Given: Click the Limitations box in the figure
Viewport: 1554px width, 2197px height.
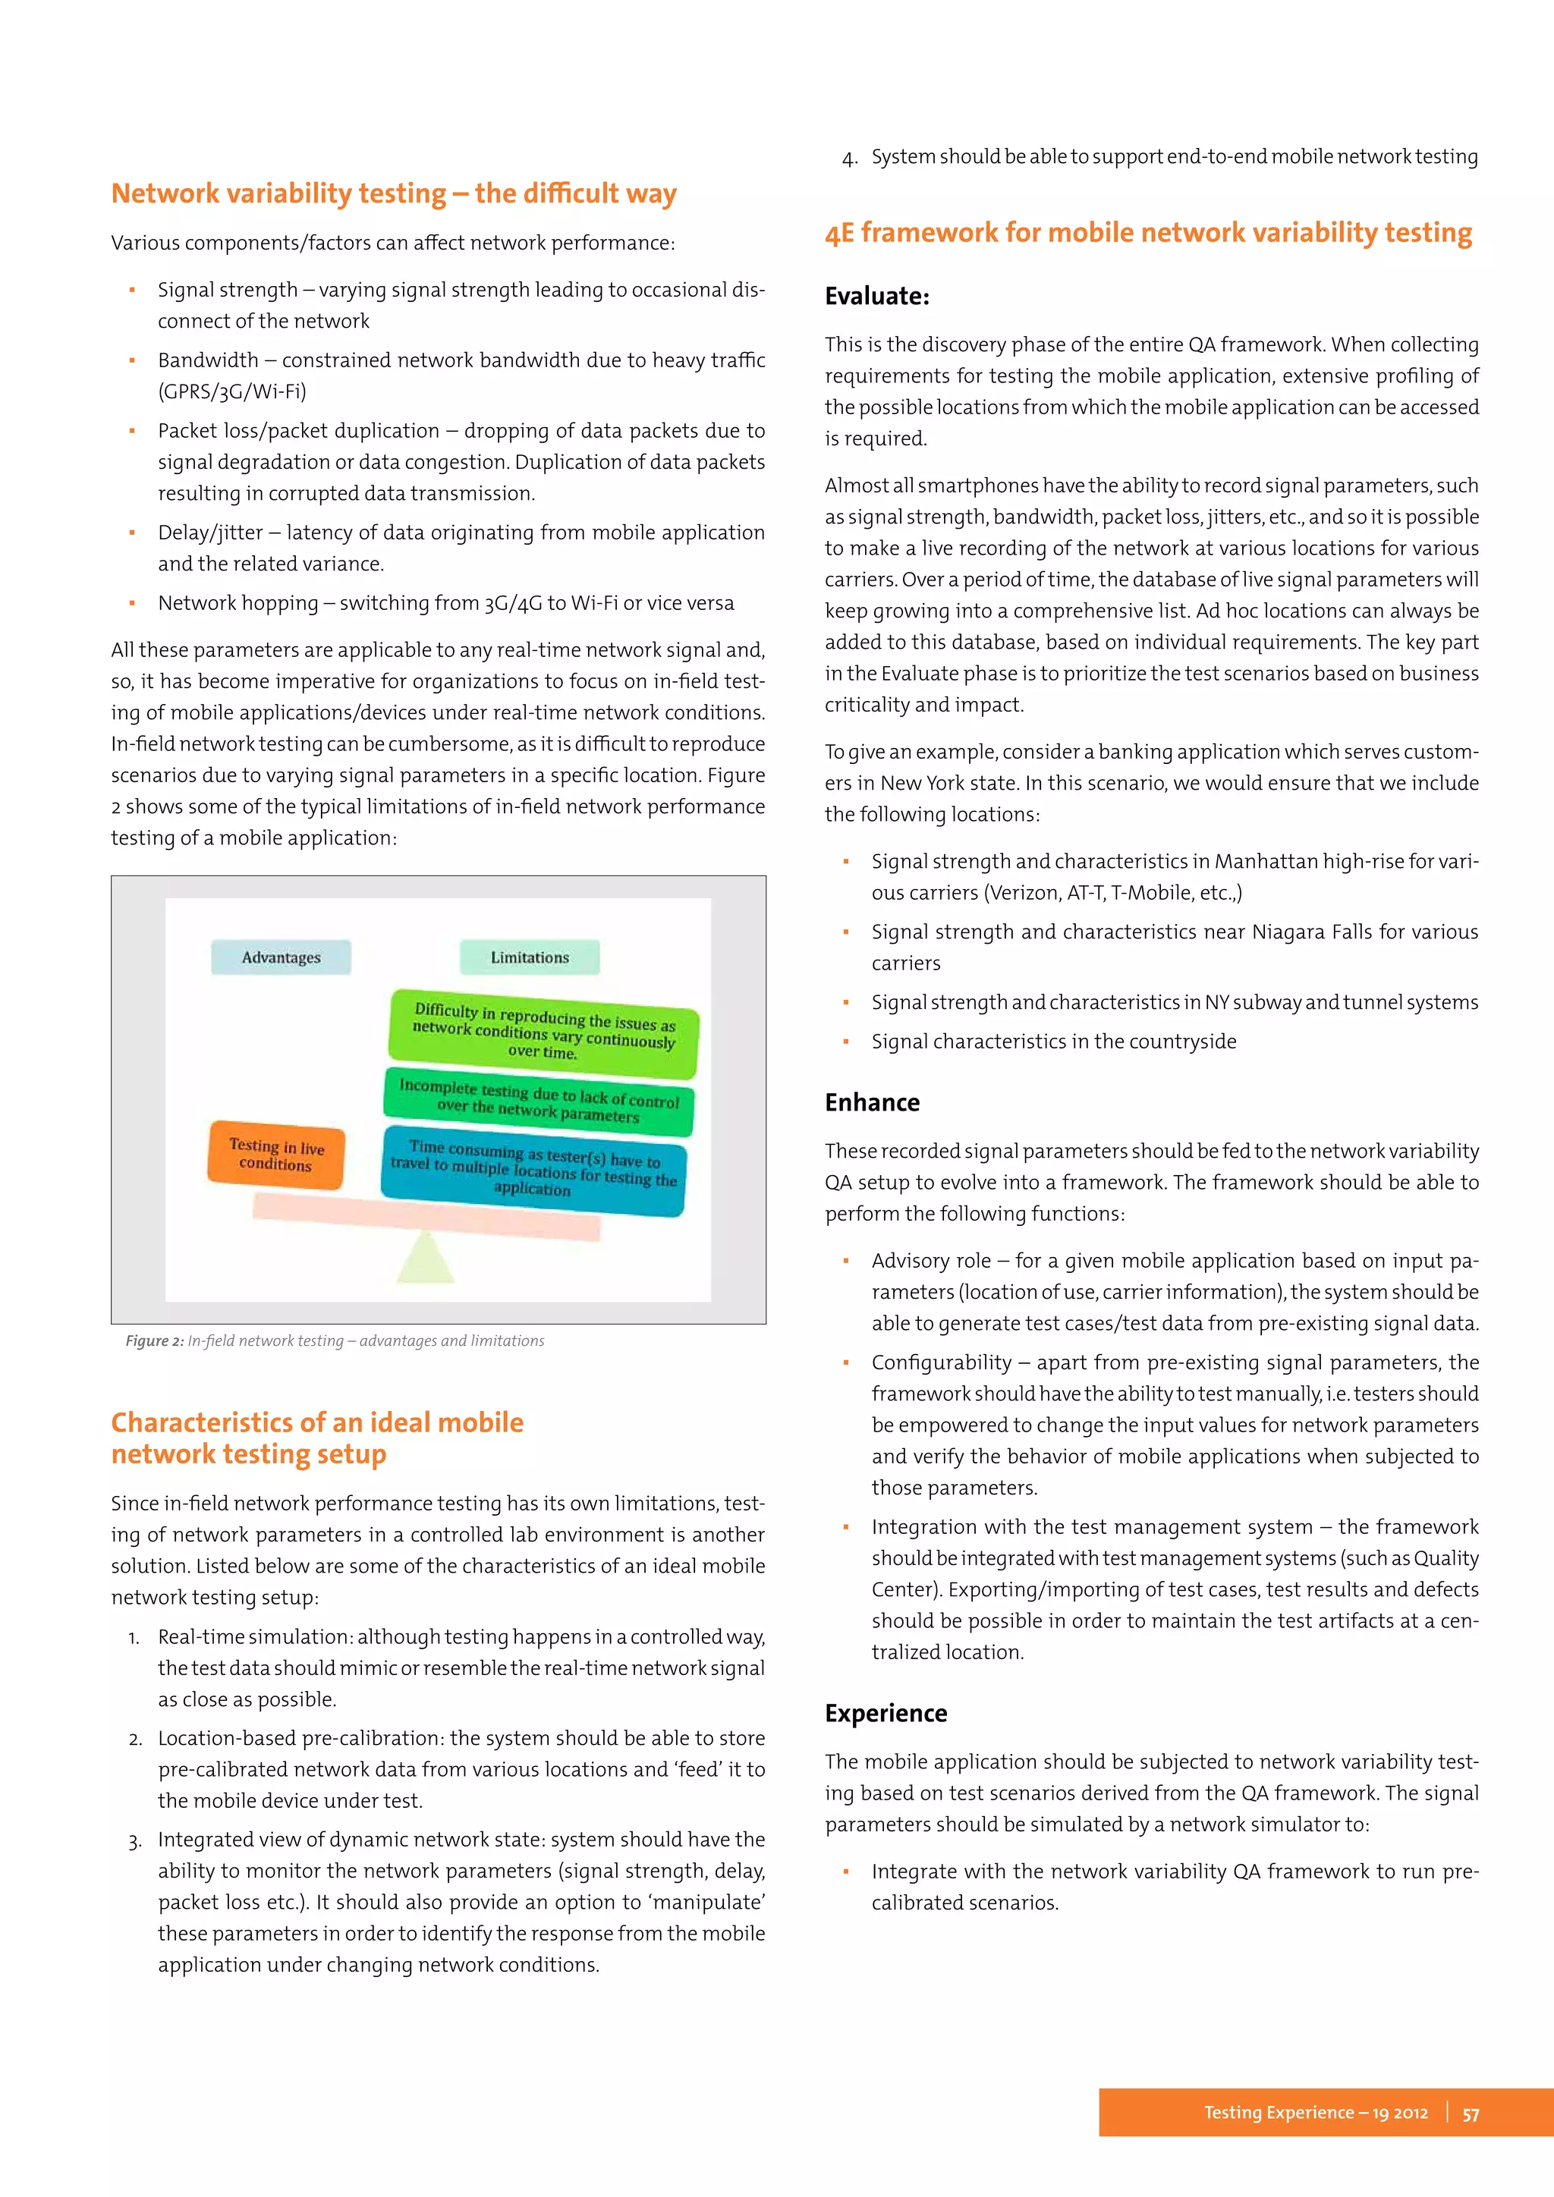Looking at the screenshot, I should click(529, 957).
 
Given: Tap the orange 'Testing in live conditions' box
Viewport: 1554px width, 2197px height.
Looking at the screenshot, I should click(275, 1155).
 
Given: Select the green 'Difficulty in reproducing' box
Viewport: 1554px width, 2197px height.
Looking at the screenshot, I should click(543, 1032).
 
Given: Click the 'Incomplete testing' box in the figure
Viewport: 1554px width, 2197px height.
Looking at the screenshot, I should click(539, 1102).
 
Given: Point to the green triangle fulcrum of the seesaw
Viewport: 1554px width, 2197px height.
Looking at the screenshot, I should click(425, 1259).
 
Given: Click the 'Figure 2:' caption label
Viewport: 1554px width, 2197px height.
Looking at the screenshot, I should click(154, 1341).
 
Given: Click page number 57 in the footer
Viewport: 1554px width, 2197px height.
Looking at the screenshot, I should click(1471, 2114).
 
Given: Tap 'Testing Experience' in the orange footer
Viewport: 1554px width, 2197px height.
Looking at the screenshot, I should click(1278, 2113).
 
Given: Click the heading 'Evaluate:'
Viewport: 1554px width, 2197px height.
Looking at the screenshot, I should click(876, 297).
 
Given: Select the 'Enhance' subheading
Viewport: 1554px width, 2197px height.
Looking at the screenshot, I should click(872, 1102).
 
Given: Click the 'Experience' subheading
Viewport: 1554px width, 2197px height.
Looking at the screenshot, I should click(886, 1713).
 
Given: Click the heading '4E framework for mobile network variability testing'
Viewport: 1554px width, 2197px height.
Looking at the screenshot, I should click(1148, 233).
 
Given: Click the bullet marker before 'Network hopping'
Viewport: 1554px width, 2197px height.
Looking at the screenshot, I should click(132, 604).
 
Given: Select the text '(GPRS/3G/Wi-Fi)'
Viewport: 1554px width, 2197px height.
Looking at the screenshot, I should click(231, 391).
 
